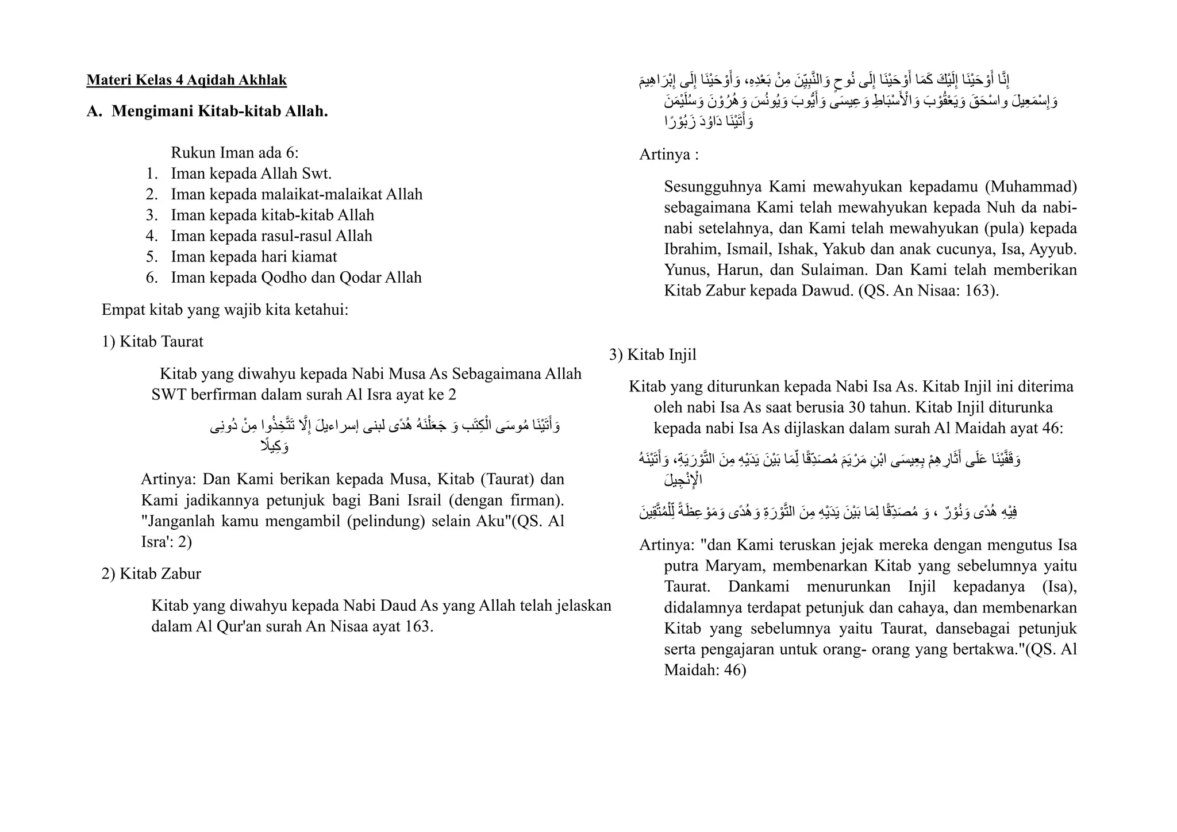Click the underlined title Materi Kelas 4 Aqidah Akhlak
[x=186, y=80]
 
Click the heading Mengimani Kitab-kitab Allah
[x=220, y=111]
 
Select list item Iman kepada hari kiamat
[x=253, y=257]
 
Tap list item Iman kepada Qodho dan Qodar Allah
[x=296, y=278]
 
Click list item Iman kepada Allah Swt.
[x=251, y=174]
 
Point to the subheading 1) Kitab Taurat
[x=153, y=342]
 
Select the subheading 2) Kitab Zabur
[x=152, y=574]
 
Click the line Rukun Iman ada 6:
[x=234, y=153]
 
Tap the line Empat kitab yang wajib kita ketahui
[x=225, y=310]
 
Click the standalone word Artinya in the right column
[x=664, y=155]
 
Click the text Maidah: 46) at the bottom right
[x=705, y=671]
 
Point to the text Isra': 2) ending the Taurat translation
[x=166, y=542]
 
